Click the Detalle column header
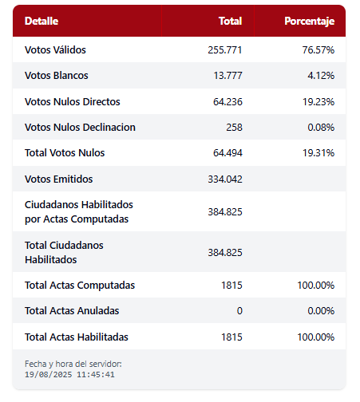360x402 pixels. pos(42,21)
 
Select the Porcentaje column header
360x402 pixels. pos(309,22)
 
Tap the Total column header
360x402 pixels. pos(230,21)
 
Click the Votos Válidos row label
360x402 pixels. pos(55,49)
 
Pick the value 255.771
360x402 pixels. pos(225,50)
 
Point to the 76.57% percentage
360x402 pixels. pos(318,50)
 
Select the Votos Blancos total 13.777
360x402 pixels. pos(227,76)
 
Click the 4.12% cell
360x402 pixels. pos(321,76)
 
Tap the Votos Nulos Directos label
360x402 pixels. pos(73,101)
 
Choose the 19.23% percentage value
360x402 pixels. pos(318,102)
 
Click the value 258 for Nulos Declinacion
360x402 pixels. pos(234,128)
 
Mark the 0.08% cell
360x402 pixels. pos(321,128)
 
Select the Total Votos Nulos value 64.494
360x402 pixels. pos(227,153)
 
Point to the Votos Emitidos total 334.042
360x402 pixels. pos(225,179)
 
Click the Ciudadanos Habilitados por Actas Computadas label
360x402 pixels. pos(79,212)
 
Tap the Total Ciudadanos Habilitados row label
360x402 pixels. pos(64,252)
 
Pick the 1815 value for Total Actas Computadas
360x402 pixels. pos(231,286)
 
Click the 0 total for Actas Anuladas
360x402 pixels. pos(239,311)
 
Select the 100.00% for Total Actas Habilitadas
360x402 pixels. pos(316,337)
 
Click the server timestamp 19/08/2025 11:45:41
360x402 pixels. pos(69,375)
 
